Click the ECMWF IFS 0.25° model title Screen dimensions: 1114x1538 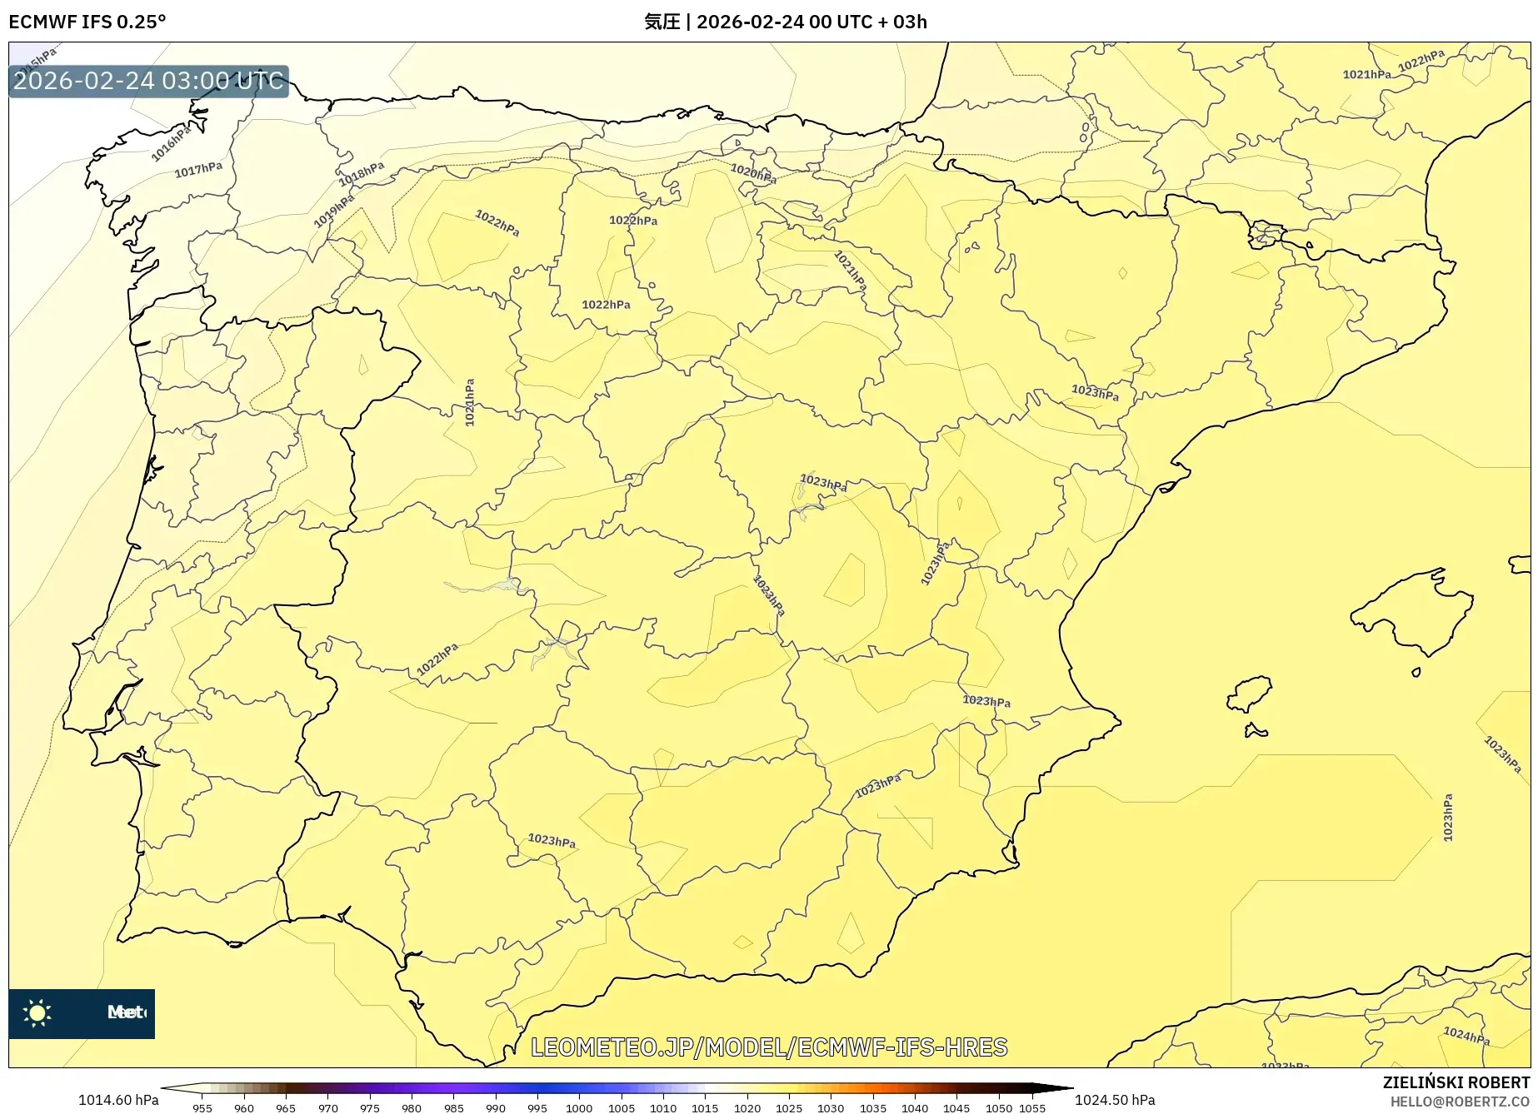[x=87, y=22]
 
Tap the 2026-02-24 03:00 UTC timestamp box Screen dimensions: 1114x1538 [x=148, y=81]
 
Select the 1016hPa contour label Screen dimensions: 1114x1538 [x=171, y=142]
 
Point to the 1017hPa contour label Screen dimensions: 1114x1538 [x=198, y=170]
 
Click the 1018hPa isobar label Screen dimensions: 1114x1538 [x=361, y=175]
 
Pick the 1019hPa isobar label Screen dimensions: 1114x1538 [x=333, y=211]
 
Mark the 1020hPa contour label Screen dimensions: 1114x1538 [x=753, y=173]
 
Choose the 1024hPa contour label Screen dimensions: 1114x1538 [x=1466, y=1036]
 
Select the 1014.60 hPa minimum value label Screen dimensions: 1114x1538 [x=118, y=1100]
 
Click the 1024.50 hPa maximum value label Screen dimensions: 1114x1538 [x=1115, y=1100]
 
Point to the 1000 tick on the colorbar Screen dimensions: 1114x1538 [x=579, y=1108]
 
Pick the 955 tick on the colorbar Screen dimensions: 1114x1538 [x=202, y=1108]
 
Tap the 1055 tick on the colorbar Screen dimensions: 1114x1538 [x=1032, y=1108]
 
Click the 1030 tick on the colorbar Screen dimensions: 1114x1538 [x=831, y=1108]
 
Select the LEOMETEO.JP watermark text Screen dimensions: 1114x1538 [x=769, y=1047]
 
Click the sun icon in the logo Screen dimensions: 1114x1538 [x=37, y=1013]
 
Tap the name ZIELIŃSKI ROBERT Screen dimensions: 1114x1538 [x=1456, y=1082]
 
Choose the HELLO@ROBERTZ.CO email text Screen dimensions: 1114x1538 [x=1460, y=1102]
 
